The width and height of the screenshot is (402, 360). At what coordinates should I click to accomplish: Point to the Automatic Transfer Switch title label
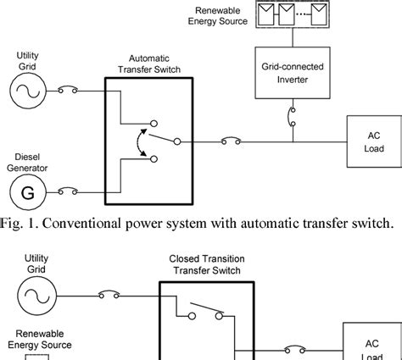(x=149, y=64)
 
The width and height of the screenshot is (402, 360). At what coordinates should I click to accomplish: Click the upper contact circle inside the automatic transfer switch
(x=154, y=124)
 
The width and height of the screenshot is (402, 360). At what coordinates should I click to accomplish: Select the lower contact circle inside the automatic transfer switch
(x=154, y=159)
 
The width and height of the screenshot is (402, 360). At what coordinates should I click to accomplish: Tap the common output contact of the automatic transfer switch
(x=177, y=141)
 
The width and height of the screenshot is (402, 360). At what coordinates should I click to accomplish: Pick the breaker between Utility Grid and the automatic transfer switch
(x=68, y=89)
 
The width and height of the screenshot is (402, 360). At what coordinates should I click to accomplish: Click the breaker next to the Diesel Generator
(x=68, y=191)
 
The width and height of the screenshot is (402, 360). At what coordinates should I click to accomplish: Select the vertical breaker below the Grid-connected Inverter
(x=291, y=117)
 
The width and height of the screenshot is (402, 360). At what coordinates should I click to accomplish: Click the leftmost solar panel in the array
(x=266, y=14)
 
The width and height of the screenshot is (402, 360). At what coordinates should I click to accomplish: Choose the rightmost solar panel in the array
(x=319, y=14)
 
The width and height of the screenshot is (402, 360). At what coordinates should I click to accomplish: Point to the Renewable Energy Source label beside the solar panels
(x=218, y=16)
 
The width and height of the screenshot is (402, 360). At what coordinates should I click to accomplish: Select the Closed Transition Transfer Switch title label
(x=207, y=264)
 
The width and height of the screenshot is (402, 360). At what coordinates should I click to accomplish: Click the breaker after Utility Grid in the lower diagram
(x=109, y=294)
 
